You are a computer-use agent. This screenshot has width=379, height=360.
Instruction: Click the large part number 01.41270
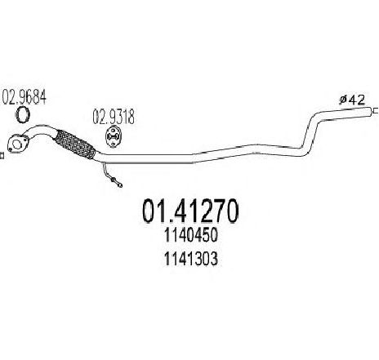tap(190, 211)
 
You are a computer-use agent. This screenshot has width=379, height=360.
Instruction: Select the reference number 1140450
tap(190, 235)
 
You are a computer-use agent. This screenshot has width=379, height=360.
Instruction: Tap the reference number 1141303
tap(190, 259)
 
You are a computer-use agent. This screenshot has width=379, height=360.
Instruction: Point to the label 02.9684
tap(24, 97)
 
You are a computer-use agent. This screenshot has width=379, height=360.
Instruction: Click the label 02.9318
tap(114, 117)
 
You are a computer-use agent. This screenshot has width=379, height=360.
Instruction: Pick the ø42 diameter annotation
tap(352, 100)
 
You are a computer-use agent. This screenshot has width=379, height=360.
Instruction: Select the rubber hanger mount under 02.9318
tap(114, 138)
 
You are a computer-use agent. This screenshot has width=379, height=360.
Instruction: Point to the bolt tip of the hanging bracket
tap(120, 185)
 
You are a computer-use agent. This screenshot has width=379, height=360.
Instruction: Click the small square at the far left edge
tap(2, 156)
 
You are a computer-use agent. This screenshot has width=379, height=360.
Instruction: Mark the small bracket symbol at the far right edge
tap(375, 111)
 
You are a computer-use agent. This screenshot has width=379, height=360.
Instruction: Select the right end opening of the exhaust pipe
tap(370, 112)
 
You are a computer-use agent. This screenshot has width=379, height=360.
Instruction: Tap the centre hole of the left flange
tap(17, 144)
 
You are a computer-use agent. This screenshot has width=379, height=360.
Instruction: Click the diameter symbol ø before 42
tap(343, 100)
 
